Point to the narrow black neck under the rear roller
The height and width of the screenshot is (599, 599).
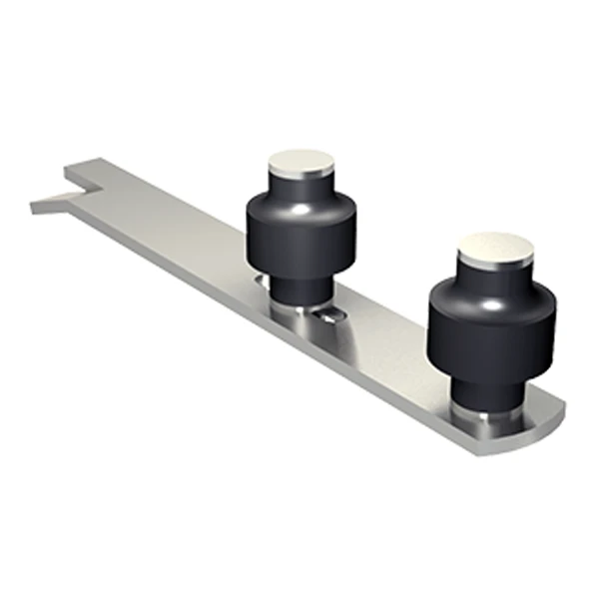[x=299, y=286]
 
